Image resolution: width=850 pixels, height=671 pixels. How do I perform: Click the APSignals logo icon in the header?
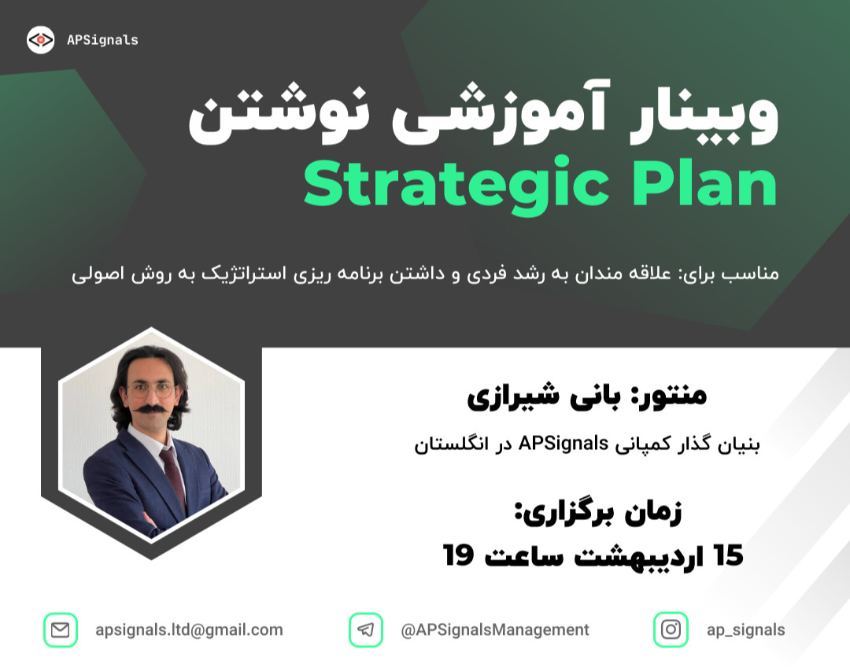coord(41,40)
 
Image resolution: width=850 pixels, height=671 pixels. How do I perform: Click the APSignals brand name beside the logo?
coord(102,40)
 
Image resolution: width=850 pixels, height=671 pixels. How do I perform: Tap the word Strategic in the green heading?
coord(456,185)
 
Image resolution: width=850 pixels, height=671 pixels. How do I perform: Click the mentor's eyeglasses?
coord(150,389)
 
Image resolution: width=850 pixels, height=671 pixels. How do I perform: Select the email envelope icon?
coord(60,630)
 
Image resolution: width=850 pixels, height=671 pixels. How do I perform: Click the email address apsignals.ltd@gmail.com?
coord(189,630)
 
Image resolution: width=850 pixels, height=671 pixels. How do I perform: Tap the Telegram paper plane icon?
coord(365,630)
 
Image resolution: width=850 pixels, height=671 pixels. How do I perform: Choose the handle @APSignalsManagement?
coord(495,630)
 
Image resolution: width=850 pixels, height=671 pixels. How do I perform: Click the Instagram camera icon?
coord(671,630)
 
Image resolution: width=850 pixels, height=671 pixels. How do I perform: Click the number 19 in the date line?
coord(459,555)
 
